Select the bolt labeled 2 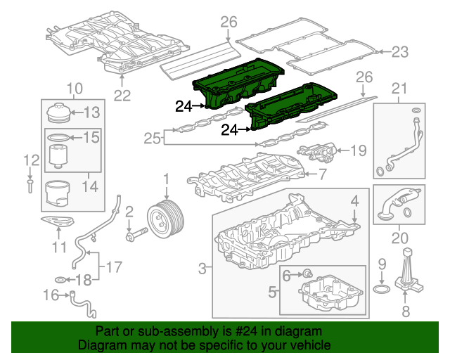(x=137, y=235)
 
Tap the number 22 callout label (x=122, y=96)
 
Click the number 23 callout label (x=400, y=52)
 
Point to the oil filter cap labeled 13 (x=59, y=112)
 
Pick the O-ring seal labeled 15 (x=58, y=138)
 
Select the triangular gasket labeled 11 (x=58, y=221)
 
